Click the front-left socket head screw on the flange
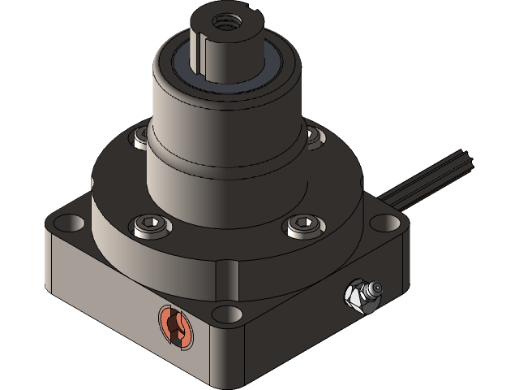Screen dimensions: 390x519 click(152, 225)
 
